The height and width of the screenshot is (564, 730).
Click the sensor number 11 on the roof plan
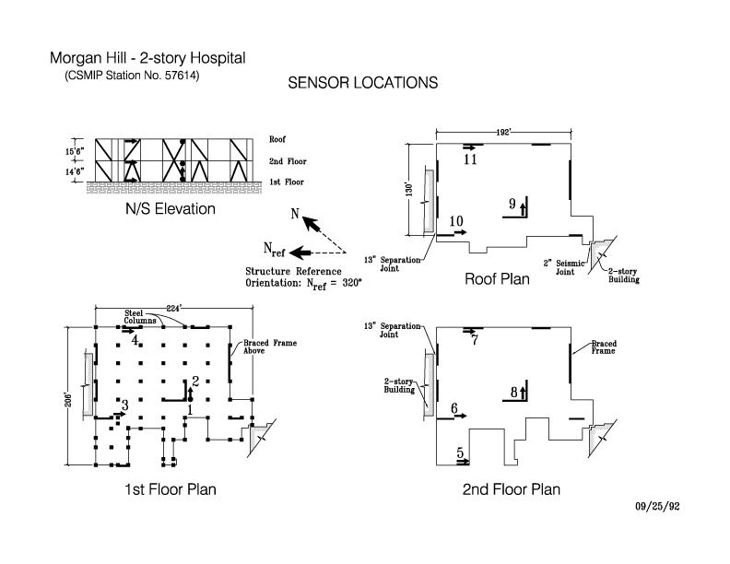tap(470, 159)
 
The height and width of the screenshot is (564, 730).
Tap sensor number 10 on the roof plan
tap(455, 221)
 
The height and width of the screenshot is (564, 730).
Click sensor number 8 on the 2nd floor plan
tap(513, 393)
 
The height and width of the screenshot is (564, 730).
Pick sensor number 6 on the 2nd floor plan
tap(454, 407)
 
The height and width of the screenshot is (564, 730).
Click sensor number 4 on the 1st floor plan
tap(135, 340)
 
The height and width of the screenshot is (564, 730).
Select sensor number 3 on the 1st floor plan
tap(124, 404)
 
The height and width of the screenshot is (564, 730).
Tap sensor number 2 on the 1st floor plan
tap(194, 382)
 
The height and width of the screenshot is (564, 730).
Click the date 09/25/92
tap(658, 507)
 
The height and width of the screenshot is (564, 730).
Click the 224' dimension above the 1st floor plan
tap(172, 307)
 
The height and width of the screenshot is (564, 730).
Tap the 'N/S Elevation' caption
tap(171, 209)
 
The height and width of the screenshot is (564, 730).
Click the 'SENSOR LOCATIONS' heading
tap(362, 83)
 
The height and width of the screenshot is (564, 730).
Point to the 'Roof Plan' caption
tap(497, 279)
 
